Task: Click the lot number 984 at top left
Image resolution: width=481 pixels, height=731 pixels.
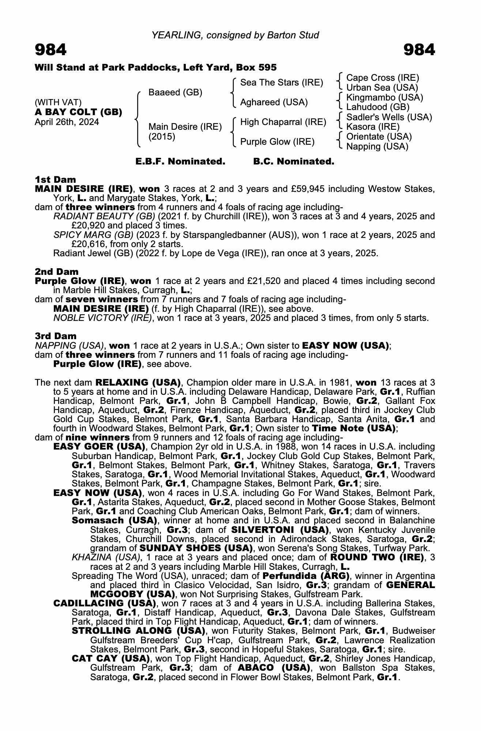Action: coord(50,50)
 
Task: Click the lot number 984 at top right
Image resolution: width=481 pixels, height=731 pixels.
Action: coord(419,50)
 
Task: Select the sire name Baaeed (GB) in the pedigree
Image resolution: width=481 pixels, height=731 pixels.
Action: coord(175,92)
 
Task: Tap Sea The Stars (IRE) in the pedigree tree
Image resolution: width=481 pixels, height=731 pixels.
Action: coord(281,83)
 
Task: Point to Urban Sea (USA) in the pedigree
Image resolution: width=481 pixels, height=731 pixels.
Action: coord(382,88)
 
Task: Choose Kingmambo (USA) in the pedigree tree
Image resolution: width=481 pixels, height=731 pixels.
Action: coord(384,98)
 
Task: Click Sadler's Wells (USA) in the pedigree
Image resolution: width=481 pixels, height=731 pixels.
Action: coord(389,117)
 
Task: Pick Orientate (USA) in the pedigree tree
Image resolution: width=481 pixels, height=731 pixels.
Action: coord(379,137)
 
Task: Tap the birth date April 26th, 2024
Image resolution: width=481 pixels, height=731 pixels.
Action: coord(67,122)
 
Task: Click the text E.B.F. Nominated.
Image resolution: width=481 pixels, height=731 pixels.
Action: coord(180,162)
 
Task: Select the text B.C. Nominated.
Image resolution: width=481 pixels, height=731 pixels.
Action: coord(294,162)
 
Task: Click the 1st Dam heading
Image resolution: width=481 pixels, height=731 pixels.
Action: coord(55,179)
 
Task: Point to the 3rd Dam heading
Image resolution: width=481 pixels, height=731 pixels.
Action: coord(56,336)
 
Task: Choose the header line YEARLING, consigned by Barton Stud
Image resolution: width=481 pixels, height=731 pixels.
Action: coord(235,35)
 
